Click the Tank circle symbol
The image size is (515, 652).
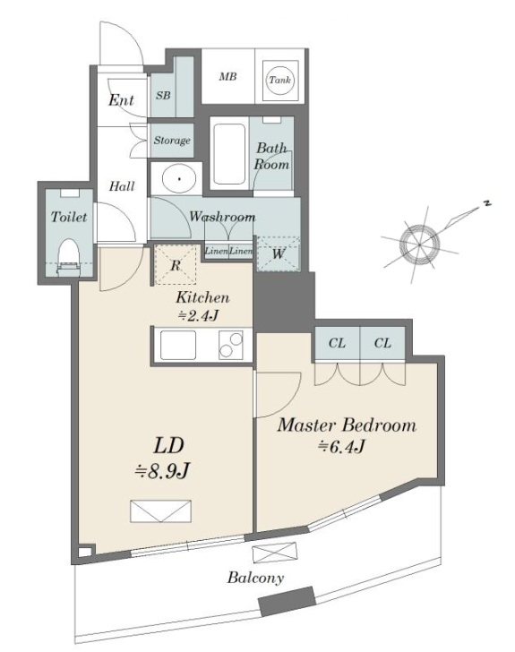[279, 80]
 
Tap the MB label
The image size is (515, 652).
[228, 76]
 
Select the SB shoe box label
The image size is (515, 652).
[163, 95]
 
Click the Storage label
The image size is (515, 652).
[172, 140]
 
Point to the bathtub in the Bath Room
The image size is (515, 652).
[228, 153]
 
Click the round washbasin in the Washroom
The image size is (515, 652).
[179, 179]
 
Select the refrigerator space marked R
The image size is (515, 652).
[176, 265]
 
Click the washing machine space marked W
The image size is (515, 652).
[278, 253]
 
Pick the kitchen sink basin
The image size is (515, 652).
[178, 345]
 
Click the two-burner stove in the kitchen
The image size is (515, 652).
[231, 345]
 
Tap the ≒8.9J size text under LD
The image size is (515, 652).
[162, 471]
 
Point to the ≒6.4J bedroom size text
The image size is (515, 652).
[342, 447]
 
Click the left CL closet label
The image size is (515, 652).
[337, 343]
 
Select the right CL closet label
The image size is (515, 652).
[382, 343]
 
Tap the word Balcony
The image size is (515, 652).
[255, 578]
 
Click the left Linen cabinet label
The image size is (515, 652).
[217, 251]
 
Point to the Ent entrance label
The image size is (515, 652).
[121, 99]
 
